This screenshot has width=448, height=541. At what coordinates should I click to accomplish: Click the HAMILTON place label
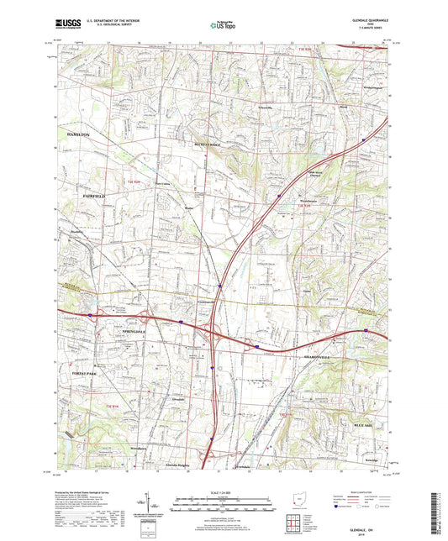tap(72, 134)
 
